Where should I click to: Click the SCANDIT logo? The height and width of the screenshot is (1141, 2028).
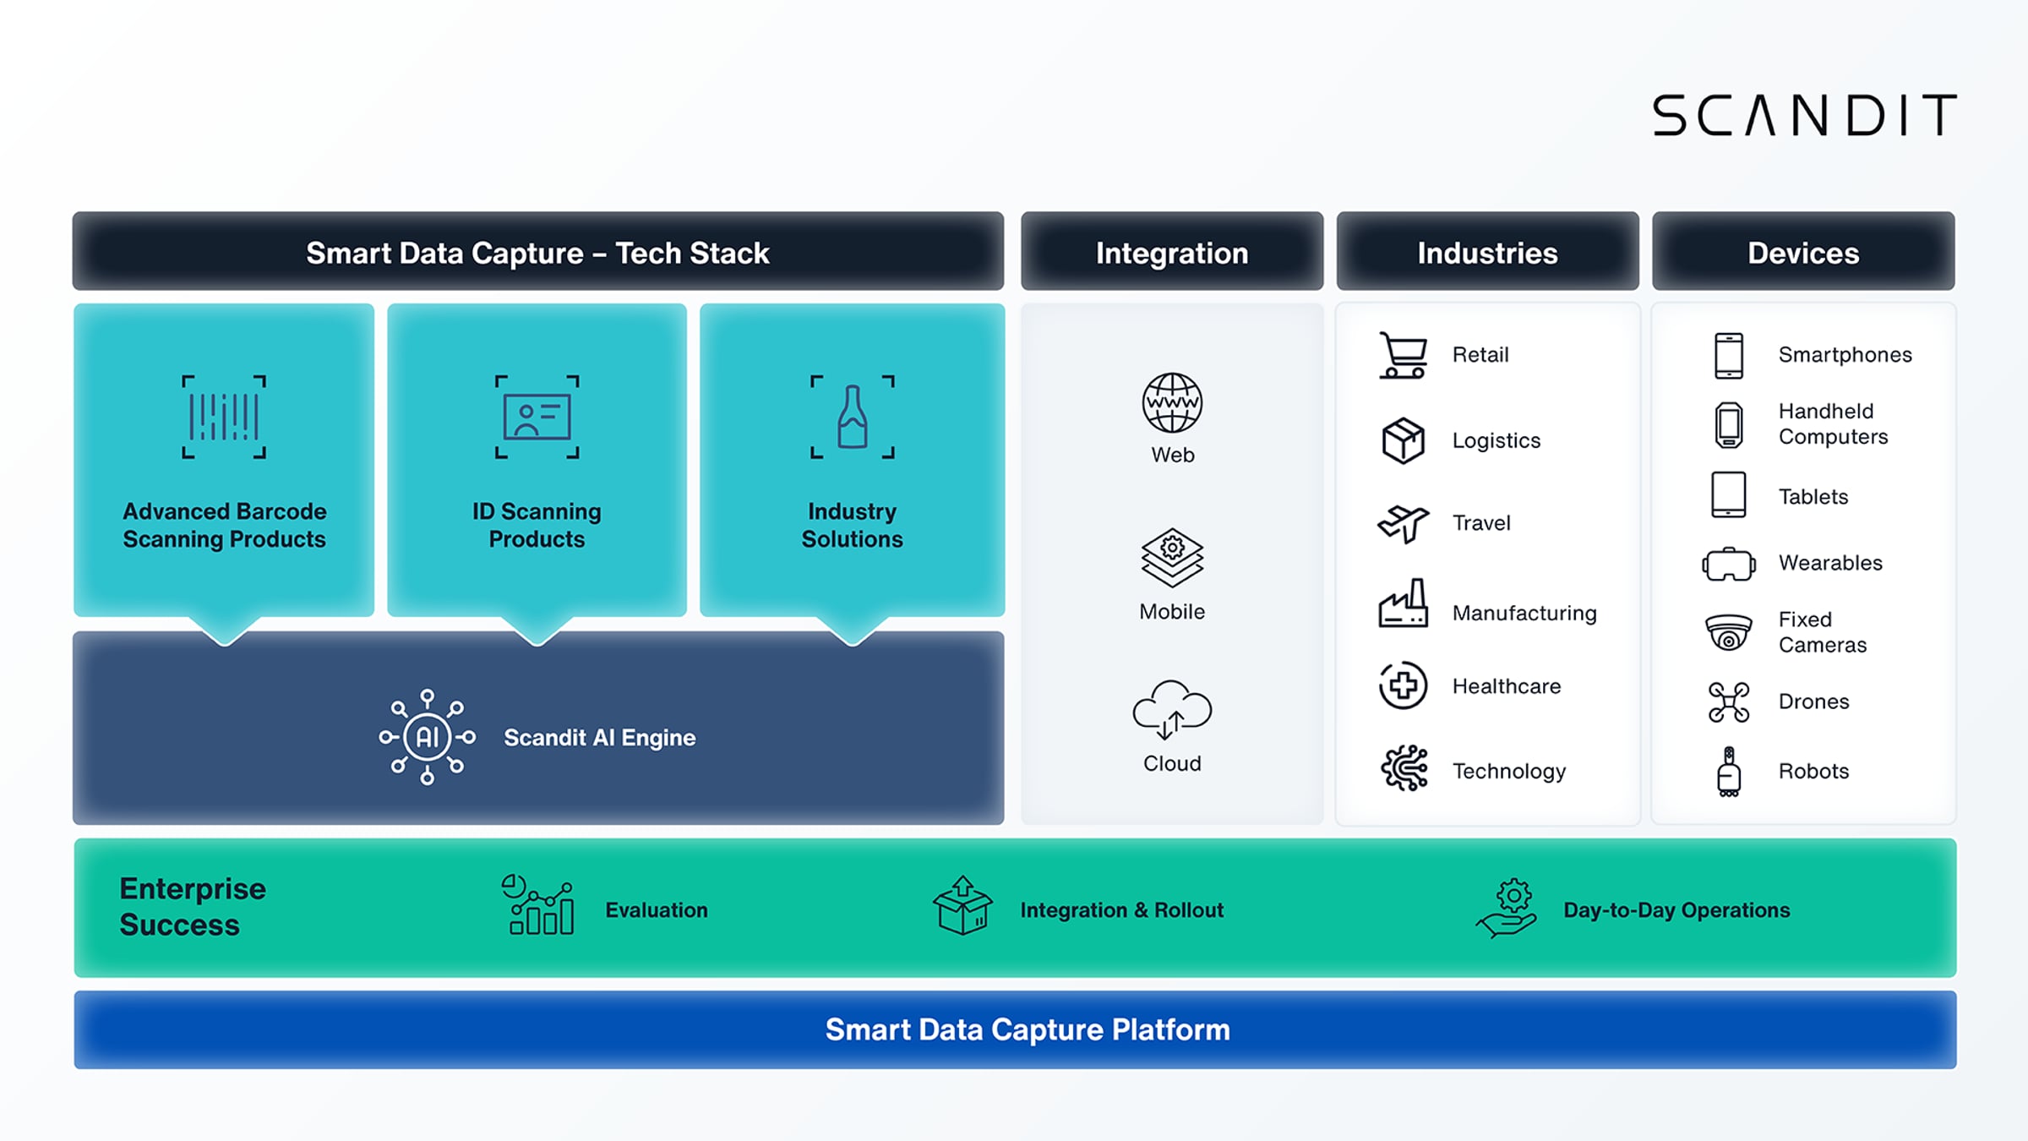pyautogui.click(x=1804, y=115)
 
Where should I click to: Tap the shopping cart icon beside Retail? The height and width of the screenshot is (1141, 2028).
pyautogui.click(x=1403, y=355)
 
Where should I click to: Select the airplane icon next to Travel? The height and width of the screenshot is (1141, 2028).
pyautogui.click(x=1403, y=523)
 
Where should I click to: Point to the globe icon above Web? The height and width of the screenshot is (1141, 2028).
pyautogui.click(x=1172, y=402)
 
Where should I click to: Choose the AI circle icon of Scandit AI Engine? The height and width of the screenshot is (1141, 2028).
pyautogui.click(x=427, y=737)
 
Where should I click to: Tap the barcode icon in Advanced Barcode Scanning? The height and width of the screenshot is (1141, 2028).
pyautogui.click(x=224, y=417)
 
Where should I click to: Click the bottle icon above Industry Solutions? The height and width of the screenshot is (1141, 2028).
pyautogui.click(x=852, y=417)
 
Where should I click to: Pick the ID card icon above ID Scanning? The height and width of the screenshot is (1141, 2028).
pyautogui.click(x=537, y=417)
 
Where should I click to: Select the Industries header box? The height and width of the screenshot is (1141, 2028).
pyautogui.click(x=1487, y=252)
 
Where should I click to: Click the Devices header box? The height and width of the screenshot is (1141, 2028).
pyautogui.click(x=1803, y=252)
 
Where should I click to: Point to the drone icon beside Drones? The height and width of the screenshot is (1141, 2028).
pyautogui.click(x=1729, y=702)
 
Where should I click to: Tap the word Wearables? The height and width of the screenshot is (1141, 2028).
pyautogui.click(x=1830, y=563)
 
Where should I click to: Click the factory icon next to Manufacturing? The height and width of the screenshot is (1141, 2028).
pyautogui.click(x=1403, y=603)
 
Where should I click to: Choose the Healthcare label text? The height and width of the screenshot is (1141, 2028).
pyautogui.click(x=1507, y=686)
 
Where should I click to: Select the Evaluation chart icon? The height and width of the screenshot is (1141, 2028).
pyautogui.click(x=538, y=905)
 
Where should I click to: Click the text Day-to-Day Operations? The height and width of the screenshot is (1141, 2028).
pyautogui.click(x=1676, y=910)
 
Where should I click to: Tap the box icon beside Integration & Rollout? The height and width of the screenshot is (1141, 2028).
pyautogui.click(x=962, y=905)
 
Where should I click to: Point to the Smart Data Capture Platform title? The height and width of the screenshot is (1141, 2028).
pyautogui.click(x=1028, y=1029)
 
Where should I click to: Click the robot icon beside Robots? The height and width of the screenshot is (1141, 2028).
pyautogui.click(x=1729, y=772)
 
